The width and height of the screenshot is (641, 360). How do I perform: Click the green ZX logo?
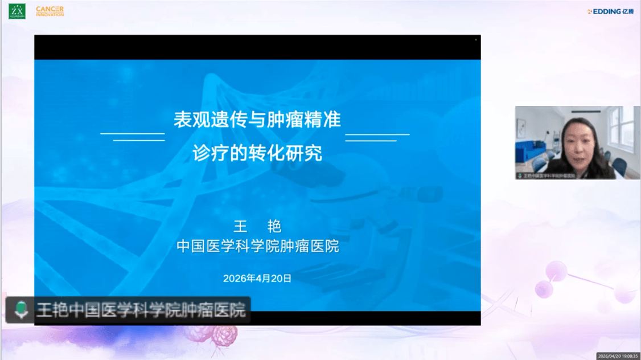[x=17, y=11]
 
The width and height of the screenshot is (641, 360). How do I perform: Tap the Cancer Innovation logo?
[x=50, y=11]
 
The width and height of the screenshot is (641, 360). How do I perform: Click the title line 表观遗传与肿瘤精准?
[x=257, y=120]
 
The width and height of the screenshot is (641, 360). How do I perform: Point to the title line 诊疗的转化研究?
[x=257, y=153]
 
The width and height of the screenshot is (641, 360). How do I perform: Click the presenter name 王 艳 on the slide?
[x=257, y=227]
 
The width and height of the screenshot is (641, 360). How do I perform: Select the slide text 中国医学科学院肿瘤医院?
[x=257, y=247]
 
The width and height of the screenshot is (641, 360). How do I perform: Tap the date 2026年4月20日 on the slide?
[x=257, y=279]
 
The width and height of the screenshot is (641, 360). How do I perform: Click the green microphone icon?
[x=20, y=310]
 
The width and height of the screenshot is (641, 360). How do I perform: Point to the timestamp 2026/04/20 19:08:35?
[x=618, y=355]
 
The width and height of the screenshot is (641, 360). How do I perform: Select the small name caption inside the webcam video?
[x=547, y=175]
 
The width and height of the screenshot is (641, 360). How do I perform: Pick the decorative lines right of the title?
[x=376, y=137]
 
